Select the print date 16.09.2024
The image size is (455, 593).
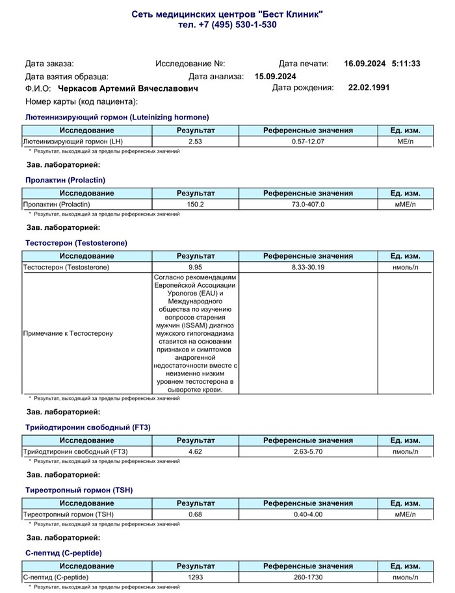[365, 64]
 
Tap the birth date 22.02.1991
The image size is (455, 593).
[369, 88]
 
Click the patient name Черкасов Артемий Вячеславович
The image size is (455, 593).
[128, 88]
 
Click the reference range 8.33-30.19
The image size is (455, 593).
[308, 267]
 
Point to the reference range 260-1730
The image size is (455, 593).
[308, 577]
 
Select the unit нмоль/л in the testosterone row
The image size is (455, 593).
[405, 267]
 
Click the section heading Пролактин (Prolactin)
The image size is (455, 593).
[64, 180]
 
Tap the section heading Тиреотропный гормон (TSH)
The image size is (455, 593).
[79, 490]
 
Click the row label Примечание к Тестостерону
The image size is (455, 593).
[68, 333]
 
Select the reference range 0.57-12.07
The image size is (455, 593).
[308, 142]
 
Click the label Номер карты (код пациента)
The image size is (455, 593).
[82, 101]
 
